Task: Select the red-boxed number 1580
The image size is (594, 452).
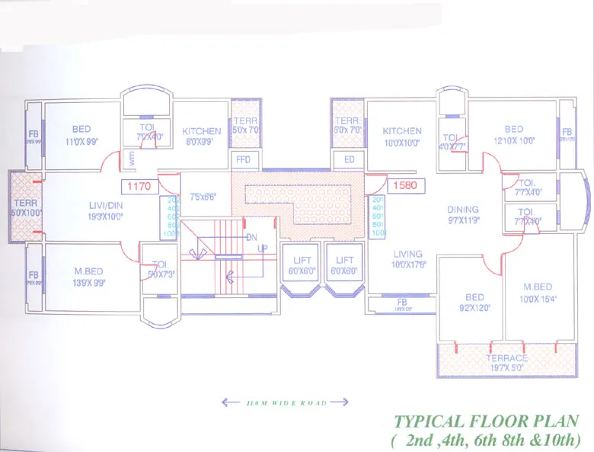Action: pyautogui.click(x=401, y=185)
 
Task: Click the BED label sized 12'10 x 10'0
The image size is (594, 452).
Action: pyautogui.click(x=513, y=130)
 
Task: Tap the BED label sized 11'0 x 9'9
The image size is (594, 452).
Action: pyautogui.click(x=81, y=129)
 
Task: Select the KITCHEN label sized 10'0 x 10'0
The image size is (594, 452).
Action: pyautogui.click(x=402, y=131)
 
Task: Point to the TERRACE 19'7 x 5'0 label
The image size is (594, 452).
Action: pyautogui.click(x=507, y=358)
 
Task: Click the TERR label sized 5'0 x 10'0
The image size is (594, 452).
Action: pyautogui.click(x=21, y=203)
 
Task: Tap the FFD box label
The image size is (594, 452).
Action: pyautogui.click(x=243, y=160)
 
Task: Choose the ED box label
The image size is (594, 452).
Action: pyautogui.click(x=350, y=160)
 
